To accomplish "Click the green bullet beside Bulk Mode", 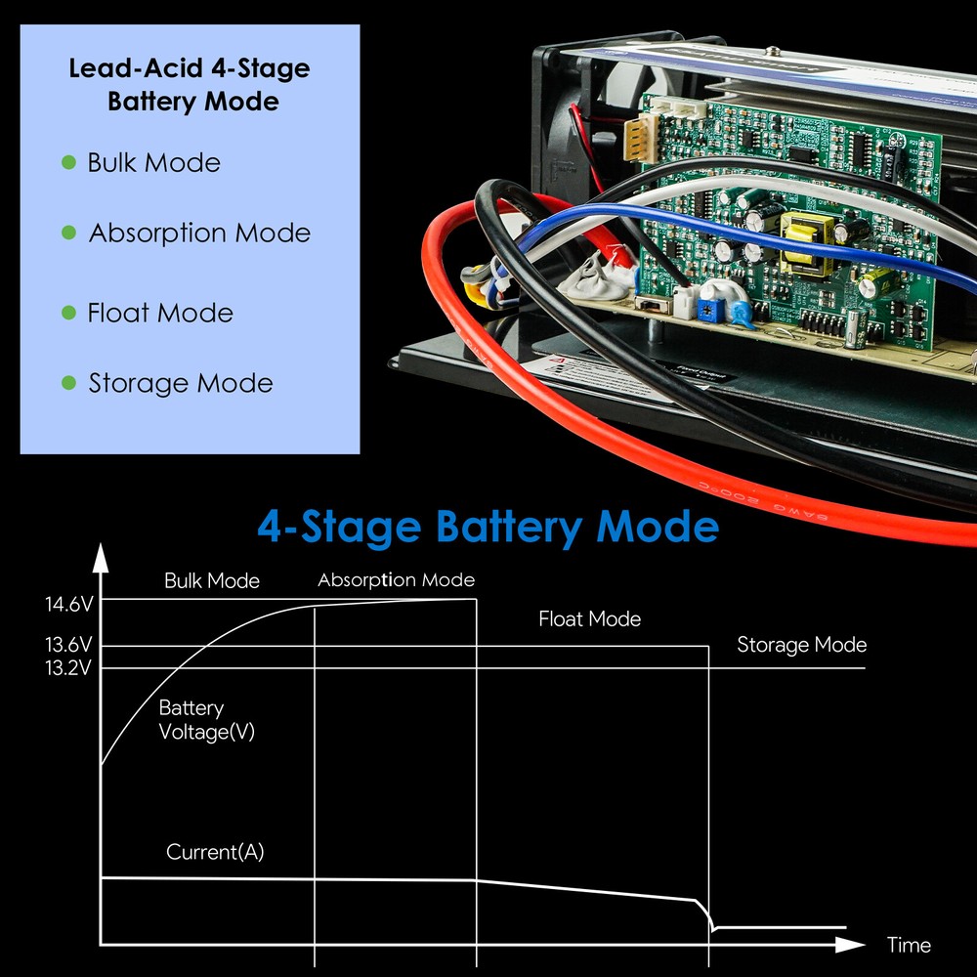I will [68, 162].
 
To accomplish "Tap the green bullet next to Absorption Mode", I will [68, 233].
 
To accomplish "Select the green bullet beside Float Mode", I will [68, 313].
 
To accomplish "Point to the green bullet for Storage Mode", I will [68, 383].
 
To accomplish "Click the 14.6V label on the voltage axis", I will [68, 605].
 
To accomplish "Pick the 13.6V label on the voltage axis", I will [68, 646].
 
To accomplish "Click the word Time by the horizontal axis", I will [909, 945].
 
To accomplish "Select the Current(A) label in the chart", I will [215, 852].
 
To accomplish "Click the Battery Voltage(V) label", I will [205, 720].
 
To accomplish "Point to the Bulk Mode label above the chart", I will [212, 581].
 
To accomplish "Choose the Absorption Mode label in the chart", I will [396, 580].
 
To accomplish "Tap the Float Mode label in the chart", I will [589, 619].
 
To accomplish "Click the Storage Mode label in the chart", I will [801, 645].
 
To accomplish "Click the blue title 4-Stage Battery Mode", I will [488, 527].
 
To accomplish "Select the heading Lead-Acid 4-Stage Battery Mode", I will [189, 85].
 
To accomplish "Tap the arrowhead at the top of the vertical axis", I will [100, 558].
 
